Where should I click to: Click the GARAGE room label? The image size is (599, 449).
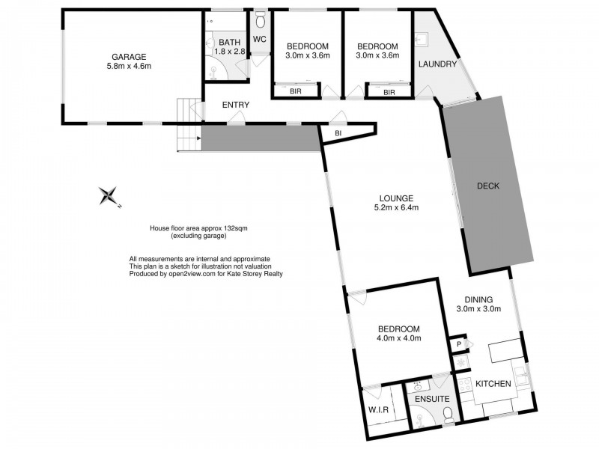tap(129, 56)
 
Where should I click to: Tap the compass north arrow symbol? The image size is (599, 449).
tap(109, 196)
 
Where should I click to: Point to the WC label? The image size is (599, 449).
tap(260, 39)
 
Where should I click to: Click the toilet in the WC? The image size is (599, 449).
tap(260, 19)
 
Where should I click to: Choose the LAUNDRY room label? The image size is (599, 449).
tap(437, 64)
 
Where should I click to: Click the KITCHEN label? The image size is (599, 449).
tap(493, 384)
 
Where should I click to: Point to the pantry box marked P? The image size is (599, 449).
tap(458, 343)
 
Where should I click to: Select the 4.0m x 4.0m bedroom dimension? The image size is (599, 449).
tap(398, 338)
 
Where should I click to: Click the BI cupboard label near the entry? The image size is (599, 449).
tap(338, 133)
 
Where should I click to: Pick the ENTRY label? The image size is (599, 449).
tap(235, 105)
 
